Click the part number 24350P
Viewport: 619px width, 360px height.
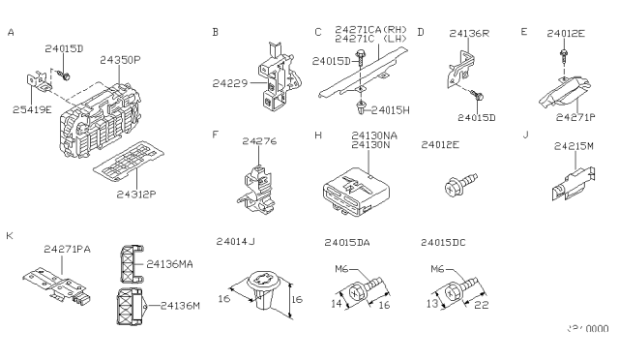pyautogui.click(x=120, y=60)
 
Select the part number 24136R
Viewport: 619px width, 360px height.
pyautogui.click(x=470, y=34)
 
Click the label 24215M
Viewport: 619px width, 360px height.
pyautogui.click(x=574, y=145)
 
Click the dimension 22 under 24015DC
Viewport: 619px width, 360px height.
pyautogui.click(x=480, y=306)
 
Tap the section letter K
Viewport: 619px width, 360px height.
pyautogui.click(x=10, y=235)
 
